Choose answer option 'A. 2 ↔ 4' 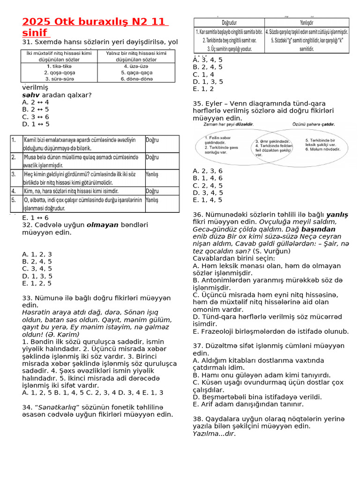pyautogui.click(x=36, y=102)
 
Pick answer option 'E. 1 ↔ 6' pyautogui.click(x=35, y=218)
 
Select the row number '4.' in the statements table pyautogui.click(x=14, y=191)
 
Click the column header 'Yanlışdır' pyautogui.click(x=307, y=22)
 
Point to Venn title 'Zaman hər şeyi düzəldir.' pyautogui.click(x=228, y=125)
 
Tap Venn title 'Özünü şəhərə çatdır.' pyautogui.click(x=313, y=125)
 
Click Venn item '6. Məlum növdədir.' pyautogui.click(x=322, y=150)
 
